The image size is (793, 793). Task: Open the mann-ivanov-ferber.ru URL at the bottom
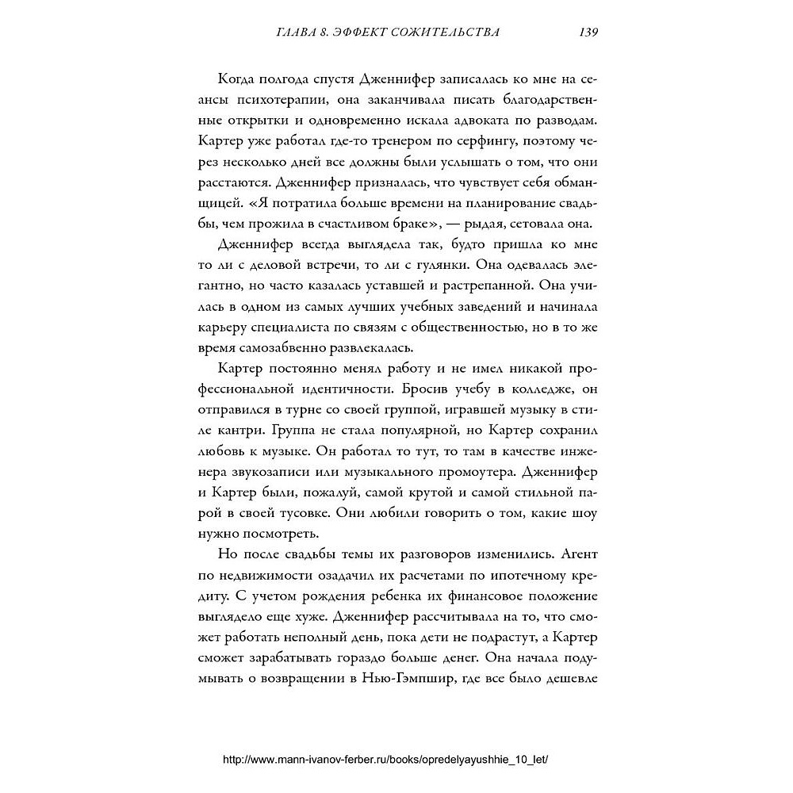pos(386,758)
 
